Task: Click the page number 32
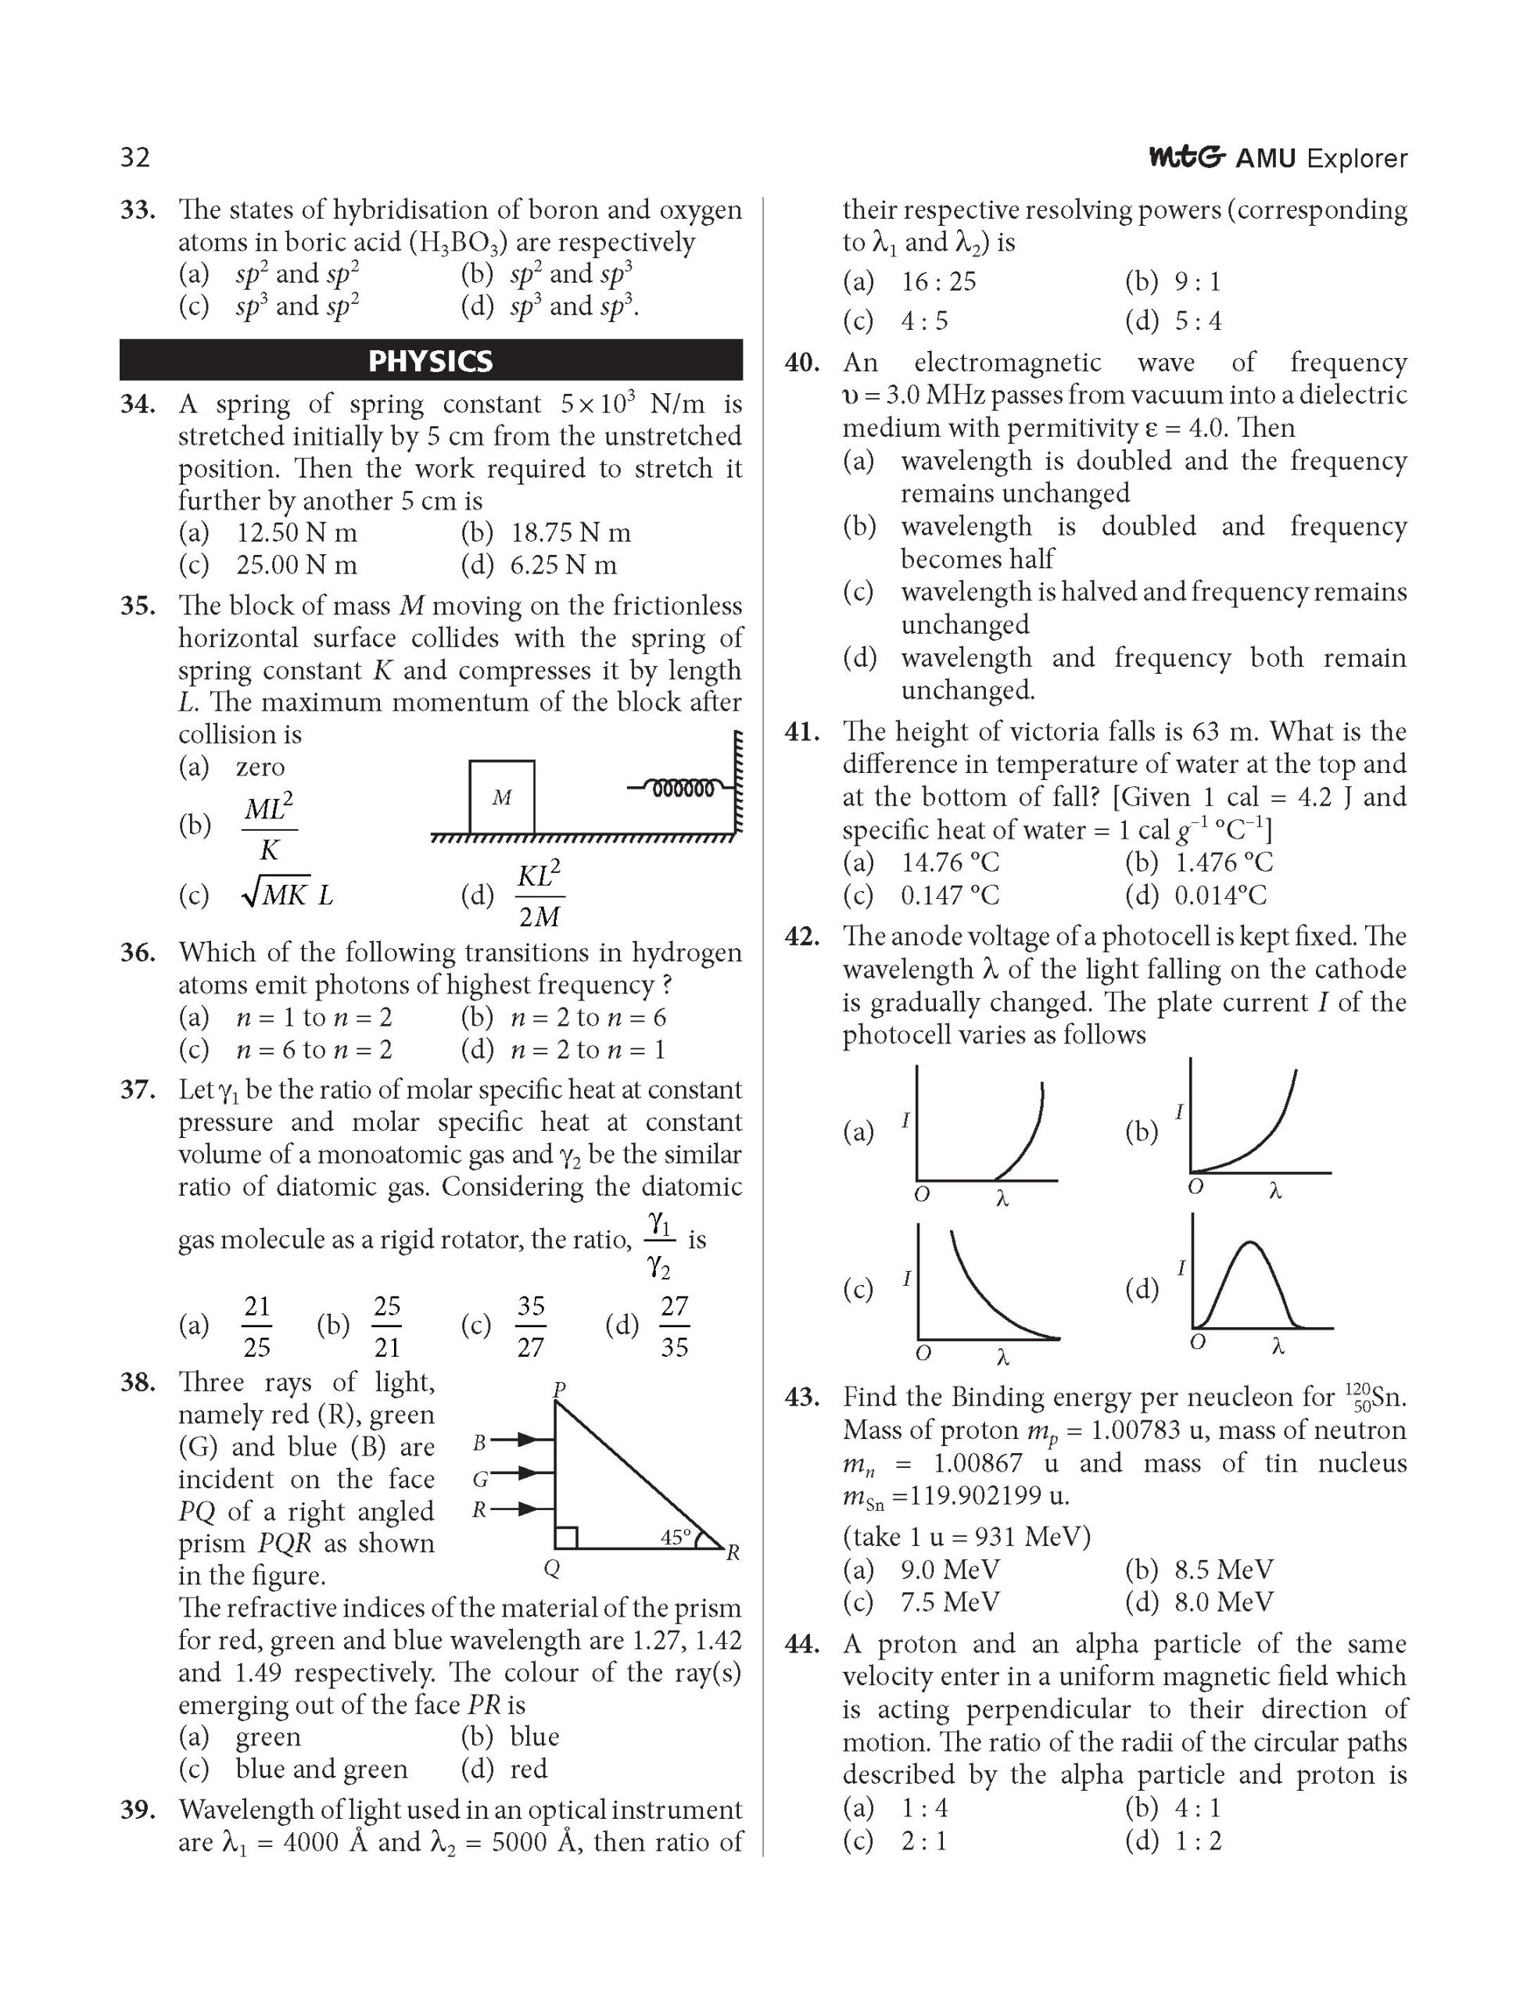click(x=134, y=158)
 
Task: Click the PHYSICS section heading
click(x=430, y=361)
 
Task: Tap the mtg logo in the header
click(x=1187, y=157)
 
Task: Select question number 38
click(x=138, y=1382)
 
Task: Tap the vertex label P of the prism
click(x=559, y=1388)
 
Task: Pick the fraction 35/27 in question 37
click(x=530, y=1326)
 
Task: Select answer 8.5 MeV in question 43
click(x=1224, y=1570)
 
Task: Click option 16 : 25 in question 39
click(x=938, y=281)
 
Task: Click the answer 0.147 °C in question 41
click(x=950, y=896)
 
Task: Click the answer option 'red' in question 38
click(x=529, y=1768)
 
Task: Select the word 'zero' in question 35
click(x=260, y=767)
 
